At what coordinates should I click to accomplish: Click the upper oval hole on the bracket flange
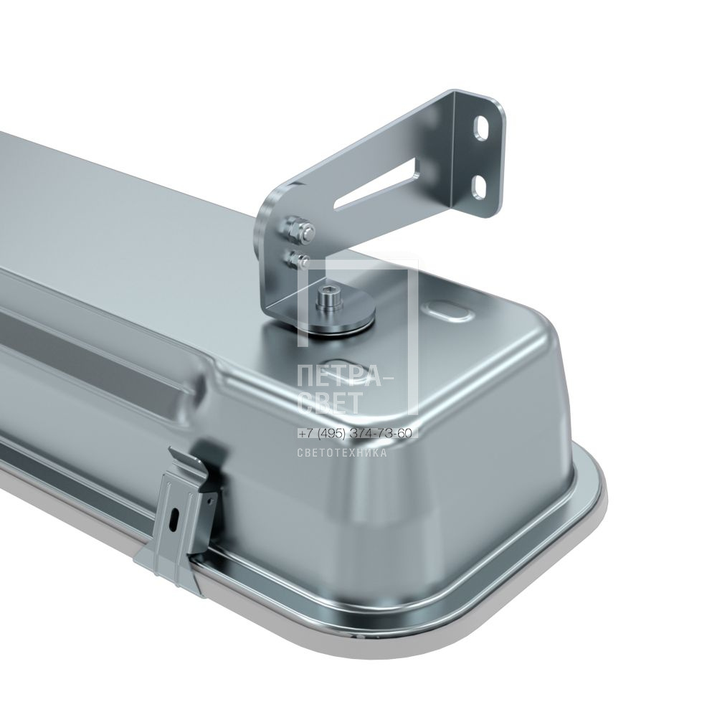pyautogui.click(x=483, y=128)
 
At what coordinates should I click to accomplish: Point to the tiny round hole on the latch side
pyautogui.click(x=210, y=502)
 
